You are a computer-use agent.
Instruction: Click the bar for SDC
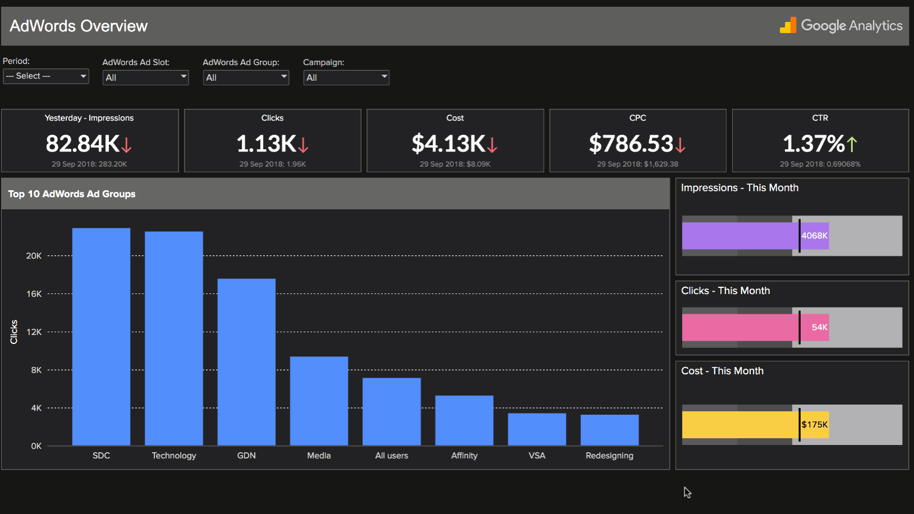click(x=101, y=337)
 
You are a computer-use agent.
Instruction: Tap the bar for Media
click(x=319, y=401)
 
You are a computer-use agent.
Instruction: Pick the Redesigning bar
click(x=609, y=430)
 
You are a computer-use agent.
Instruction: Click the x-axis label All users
click(x=392, y=456)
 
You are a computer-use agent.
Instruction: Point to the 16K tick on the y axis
click(x=34, y=294)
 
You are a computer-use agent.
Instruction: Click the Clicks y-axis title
click(x=14, y=332)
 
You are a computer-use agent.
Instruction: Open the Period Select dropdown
click(x=46, y=76)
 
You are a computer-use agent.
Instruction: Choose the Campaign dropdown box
click(x=346, y=77)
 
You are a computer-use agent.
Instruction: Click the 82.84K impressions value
click(x=82, y=144)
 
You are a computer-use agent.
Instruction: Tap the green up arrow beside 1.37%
click(x=852, y=144)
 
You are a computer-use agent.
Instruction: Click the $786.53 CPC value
click(x=631, y=144)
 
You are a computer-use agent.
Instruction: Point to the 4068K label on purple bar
click(x=814, y=236)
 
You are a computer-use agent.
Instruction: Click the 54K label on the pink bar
click(x=819, y=327)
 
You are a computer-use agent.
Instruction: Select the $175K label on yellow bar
click(x=814, y=425)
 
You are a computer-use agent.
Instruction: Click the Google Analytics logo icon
click(x=788, y=25)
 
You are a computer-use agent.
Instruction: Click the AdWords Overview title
click(x=79, y=26)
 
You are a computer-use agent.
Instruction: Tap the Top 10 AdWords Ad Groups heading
click(x=72, y=194)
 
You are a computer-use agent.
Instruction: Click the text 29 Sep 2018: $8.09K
click(x=455, y=164)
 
